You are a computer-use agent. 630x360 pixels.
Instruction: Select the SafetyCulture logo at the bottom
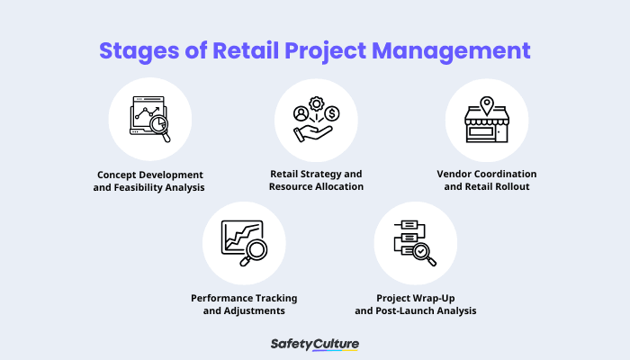[x=314, y=344]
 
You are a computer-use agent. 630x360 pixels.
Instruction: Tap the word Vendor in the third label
[x=454, y=174]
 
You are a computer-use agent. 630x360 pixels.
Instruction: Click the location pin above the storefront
[x=487, y=102]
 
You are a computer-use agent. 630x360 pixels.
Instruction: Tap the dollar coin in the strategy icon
[x=332, y=113]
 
